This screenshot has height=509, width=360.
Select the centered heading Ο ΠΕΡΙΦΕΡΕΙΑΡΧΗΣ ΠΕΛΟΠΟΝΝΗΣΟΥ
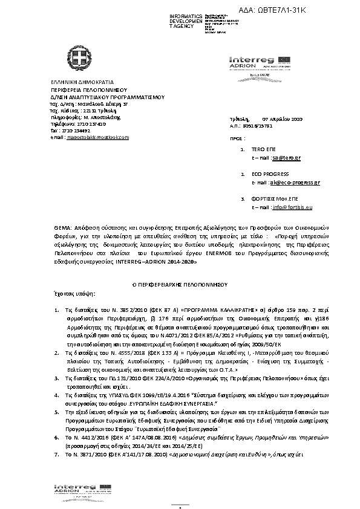click(x=179, y=282)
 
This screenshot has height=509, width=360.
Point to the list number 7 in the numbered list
click(x=57, y=452)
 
